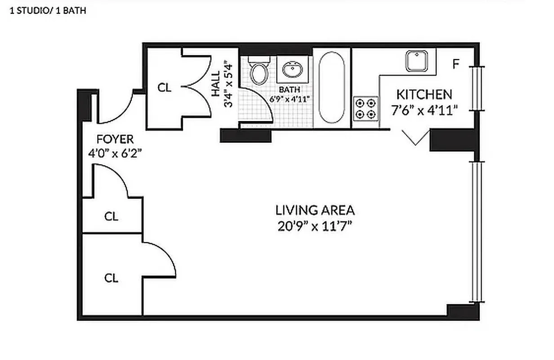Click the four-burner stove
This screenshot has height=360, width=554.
[365, 108]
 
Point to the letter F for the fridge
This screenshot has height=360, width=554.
[456, 64]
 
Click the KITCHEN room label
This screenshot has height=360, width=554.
[424, 94]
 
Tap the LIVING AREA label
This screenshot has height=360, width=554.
[315, 210]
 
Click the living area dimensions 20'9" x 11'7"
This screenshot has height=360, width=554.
[315, 225]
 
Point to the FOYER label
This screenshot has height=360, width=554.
[115, 139]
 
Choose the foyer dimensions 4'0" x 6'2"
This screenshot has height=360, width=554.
[115, 153]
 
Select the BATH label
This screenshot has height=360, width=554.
[290, 90]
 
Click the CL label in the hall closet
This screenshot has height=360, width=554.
[164, 88]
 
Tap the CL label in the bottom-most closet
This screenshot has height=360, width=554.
[111, 278]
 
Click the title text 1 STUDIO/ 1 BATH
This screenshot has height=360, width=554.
[48, 11]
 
